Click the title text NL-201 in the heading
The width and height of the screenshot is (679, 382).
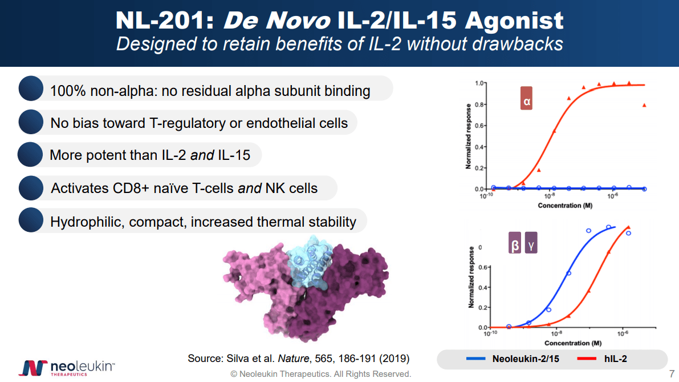click(164, 21)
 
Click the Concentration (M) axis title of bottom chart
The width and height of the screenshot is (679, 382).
click(572, 343)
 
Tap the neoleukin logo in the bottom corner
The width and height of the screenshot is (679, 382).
click(67, 367)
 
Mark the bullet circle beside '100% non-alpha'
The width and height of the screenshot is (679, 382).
click(31, 90)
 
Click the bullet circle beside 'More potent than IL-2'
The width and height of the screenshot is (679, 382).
click(30, 155)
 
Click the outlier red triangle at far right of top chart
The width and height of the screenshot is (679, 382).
click(644, 105)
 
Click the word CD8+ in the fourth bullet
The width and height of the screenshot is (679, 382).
click(135, 188)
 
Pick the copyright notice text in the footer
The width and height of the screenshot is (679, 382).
click(320, 374)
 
